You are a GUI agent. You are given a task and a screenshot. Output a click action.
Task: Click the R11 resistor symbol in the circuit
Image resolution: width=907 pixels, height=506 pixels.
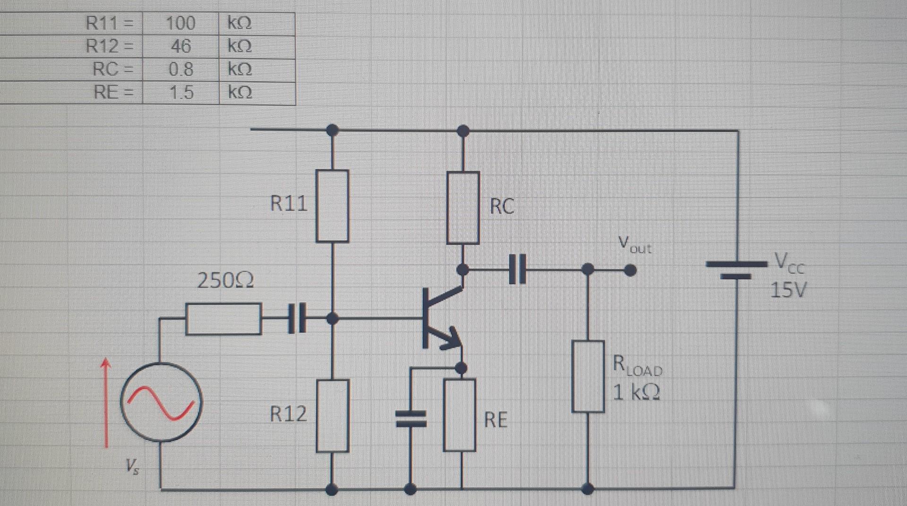click(332, 206)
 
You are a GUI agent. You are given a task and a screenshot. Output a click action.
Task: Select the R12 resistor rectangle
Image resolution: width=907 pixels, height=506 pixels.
click(333, 416)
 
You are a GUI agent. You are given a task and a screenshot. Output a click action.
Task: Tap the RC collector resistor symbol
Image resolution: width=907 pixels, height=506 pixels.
click(463, 208)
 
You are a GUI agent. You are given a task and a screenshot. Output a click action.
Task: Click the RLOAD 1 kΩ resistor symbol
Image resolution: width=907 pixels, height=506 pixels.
click(588, 377)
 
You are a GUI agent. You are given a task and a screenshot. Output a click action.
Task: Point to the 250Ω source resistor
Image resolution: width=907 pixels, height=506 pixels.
click(223, 319)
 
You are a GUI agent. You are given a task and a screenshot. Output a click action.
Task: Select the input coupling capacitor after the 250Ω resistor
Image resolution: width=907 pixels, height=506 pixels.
click(297, 319)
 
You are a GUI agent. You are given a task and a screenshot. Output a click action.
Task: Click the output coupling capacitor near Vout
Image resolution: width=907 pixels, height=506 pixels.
click(518, 270)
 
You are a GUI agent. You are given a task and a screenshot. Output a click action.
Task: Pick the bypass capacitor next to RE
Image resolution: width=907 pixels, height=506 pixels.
click(411, 418)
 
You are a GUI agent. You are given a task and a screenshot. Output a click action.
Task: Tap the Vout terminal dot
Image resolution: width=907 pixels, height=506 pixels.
click(630, 270)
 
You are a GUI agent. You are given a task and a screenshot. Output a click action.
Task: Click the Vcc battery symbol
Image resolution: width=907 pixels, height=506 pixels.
click(736, 270)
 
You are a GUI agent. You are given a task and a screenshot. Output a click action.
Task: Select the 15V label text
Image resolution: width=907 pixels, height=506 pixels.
click(788, 290)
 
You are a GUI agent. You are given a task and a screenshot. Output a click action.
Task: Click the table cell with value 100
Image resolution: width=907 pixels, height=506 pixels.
click(180, 23)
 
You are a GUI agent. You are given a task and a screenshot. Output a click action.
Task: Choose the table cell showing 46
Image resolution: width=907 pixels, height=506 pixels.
click(180, 46)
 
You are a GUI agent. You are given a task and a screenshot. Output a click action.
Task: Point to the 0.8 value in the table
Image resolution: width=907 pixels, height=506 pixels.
click(180, 69)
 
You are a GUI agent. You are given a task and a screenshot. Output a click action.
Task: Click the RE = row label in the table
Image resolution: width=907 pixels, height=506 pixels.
click(111, 92)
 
